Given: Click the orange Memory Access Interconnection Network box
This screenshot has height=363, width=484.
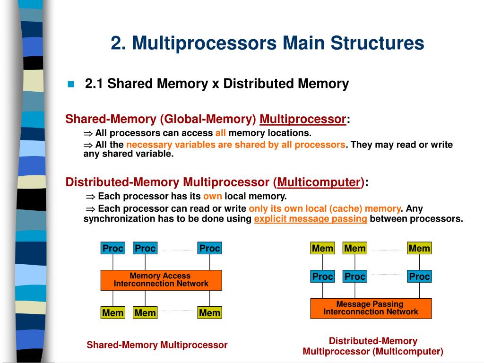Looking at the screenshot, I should tap(161, 280).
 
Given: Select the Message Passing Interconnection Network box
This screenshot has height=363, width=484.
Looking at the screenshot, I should tap(371, 308).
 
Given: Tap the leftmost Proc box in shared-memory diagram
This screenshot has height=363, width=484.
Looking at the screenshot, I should tap(113, 248).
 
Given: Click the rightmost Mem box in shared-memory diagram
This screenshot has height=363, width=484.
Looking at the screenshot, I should tap(209, 313).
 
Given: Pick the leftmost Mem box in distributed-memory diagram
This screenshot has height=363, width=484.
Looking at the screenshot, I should tap(323, 248).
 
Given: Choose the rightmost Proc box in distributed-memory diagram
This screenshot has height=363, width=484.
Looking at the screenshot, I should tap(419, 277).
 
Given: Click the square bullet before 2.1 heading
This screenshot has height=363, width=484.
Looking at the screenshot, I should tap(71, 84).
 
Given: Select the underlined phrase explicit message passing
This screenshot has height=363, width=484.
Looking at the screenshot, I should tap(311, 219).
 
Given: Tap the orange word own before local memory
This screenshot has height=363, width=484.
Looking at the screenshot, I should tap(212, 196).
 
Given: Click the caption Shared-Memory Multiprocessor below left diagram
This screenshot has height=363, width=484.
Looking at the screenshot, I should tap(157, 345).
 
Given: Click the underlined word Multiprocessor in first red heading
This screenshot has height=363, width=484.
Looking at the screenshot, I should tap(302, 119).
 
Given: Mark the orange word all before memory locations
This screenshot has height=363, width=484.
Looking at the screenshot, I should tap(221, 133).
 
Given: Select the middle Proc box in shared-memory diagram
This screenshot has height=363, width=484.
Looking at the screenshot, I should tap(145, 248).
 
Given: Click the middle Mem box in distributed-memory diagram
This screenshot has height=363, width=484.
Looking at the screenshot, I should tap(355, 248).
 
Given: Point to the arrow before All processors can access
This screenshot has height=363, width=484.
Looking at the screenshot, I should tap(88, 133).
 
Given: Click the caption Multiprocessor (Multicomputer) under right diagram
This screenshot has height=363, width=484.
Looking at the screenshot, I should tap(373, 351).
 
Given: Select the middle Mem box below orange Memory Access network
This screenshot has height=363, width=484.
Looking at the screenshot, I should tap(145, 313).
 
